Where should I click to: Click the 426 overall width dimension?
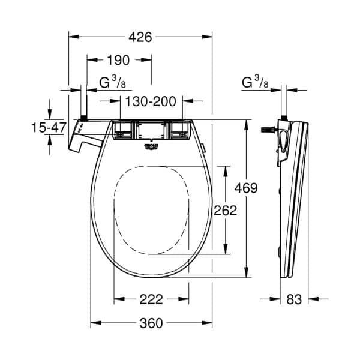tap(141, 37)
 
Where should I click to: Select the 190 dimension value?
tap(119, 60)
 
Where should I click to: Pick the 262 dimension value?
tap(226, 210)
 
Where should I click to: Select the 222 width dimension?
tap(151, 299)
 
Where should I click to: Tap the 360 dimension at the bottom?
tap(151, 323)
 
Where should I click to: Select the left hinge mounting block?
tap(124, 130)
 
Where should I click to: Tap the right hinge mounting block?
tap(179, 130)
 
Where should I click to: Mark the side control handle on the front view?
tap(83, 137)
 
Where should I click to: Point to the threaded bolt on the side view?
tap(266, 128)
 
